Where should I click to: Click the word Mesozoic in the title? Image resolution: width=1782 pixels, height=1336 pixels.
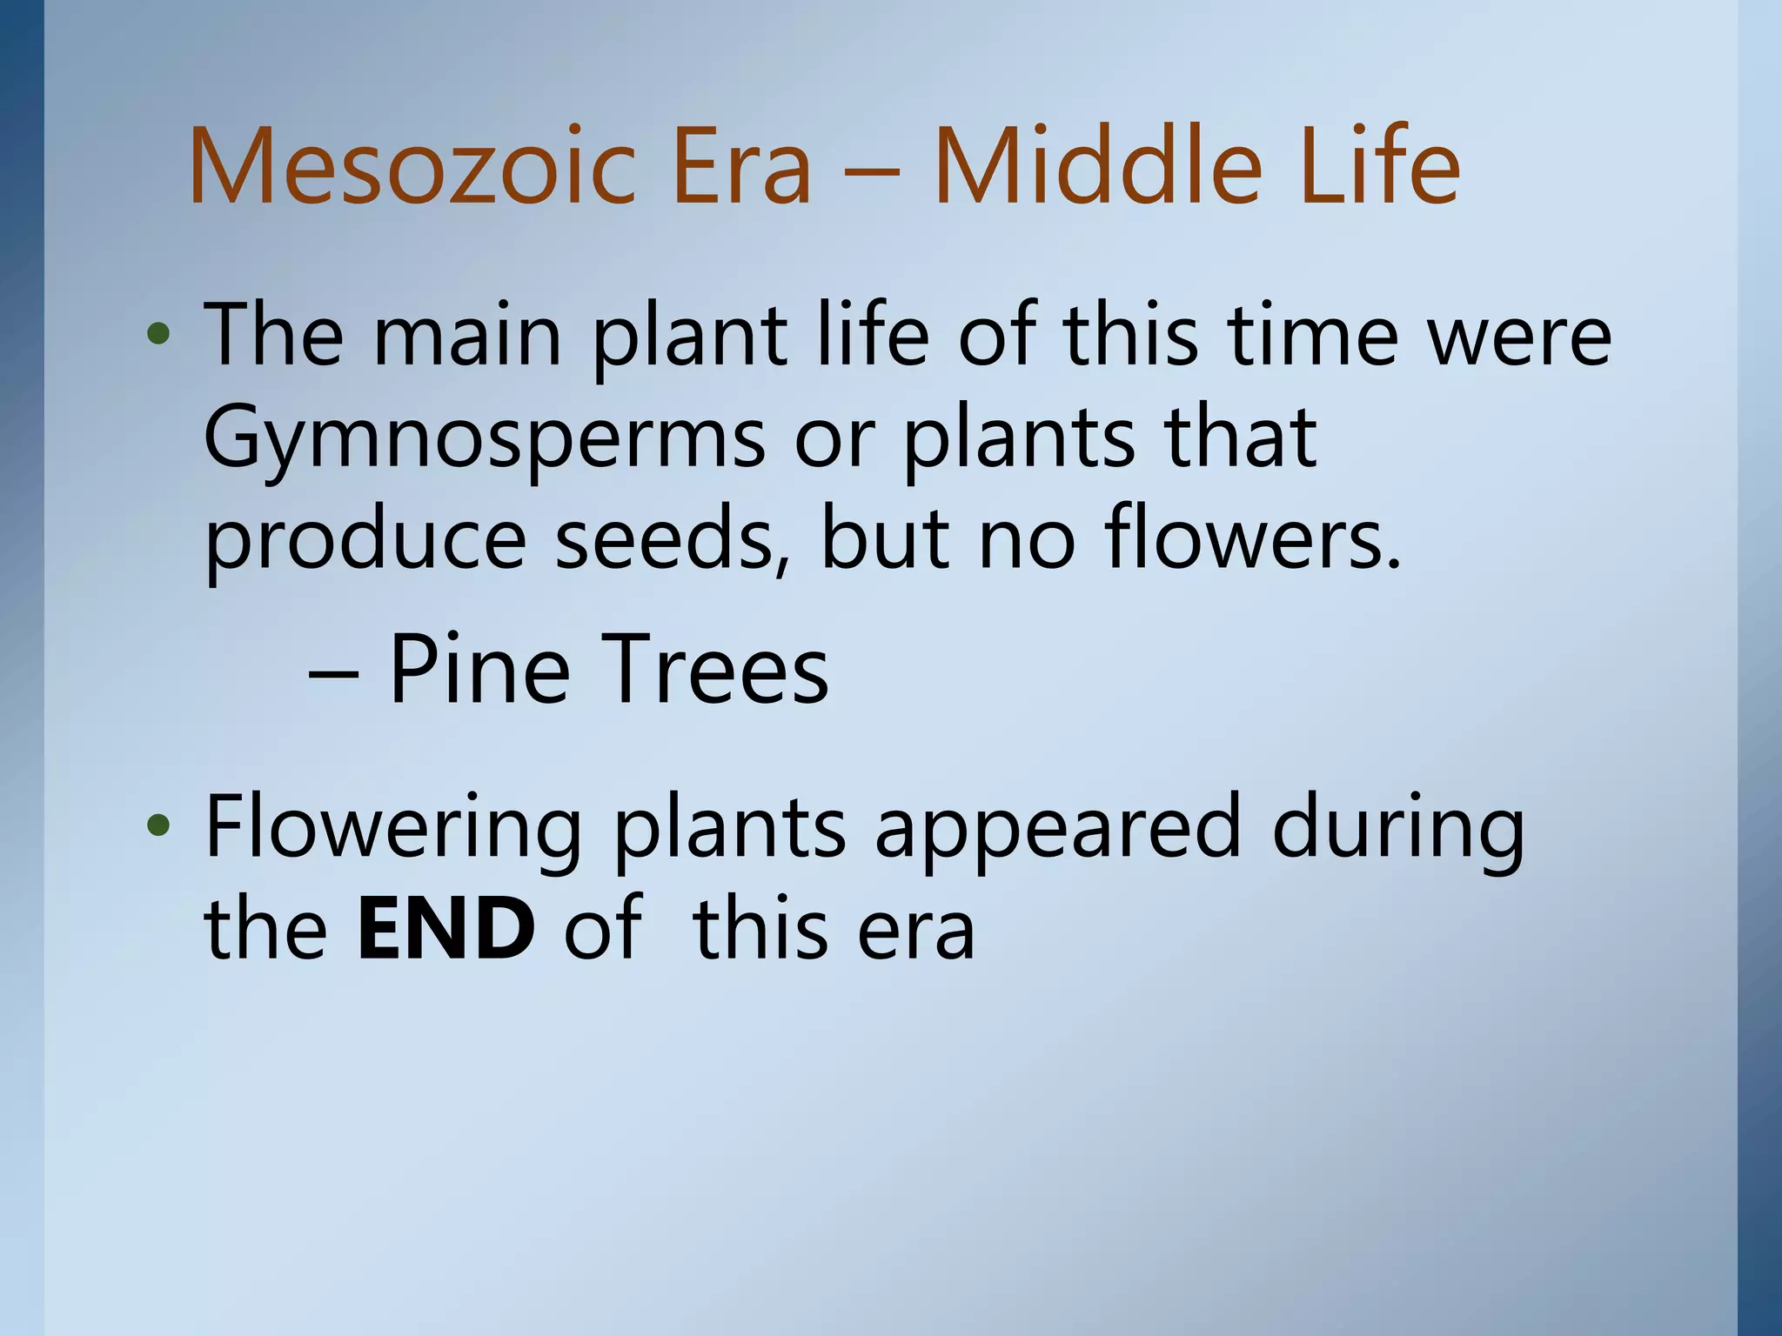409,167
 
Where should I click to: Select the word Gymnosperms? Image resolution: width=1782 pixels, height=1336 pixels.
484,439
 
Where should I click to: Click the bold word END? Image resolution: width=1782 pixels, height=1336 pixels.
445,929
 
